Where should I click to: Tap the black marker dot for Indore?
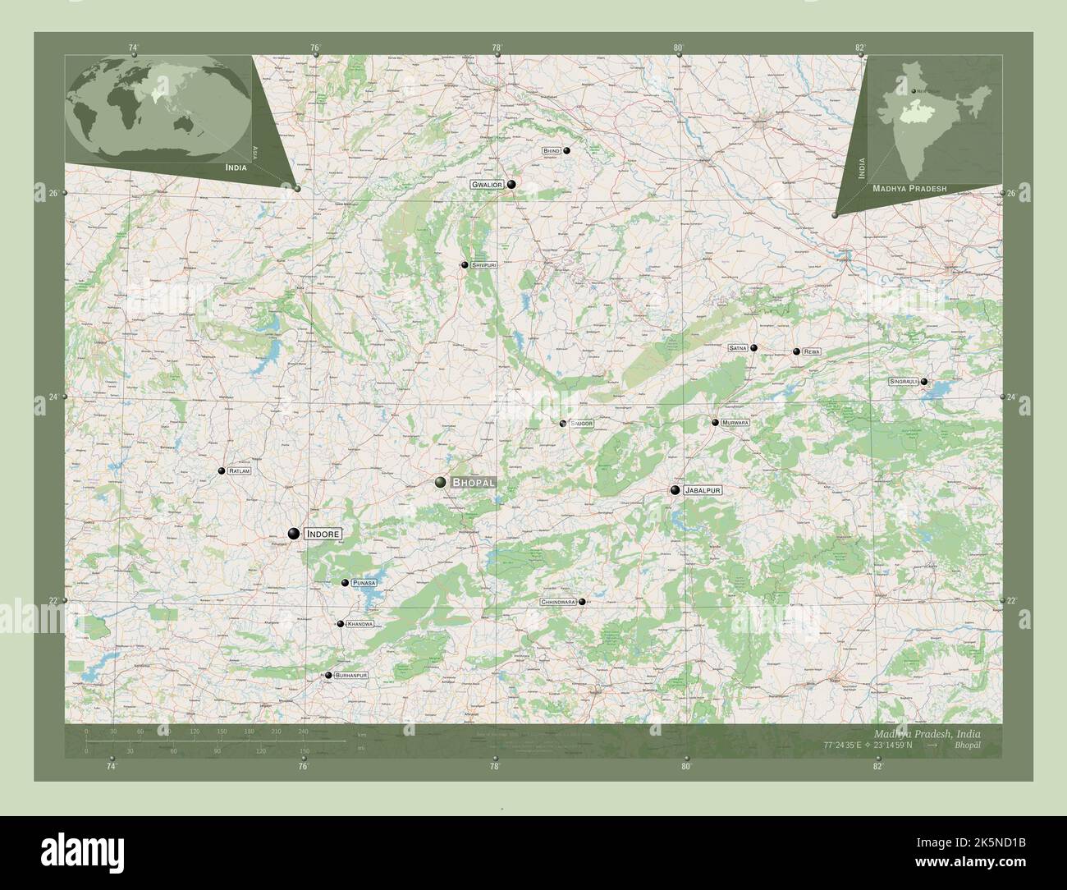point(293,534)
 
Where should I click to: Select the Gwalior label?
point(486,186)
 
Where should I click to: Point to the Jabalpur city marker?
point(675,490)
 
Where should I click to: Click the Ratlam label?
point(240,471)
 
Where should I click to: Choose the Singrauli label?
point(904,382)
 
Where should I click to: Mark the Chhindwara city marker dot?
point(582,602)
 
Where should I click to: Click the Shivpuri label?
point(484,265)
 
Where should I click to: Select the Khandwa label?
point(359,624)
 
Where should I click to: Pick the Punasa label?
point(364,583)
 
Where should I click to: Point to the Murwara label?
point(735,423)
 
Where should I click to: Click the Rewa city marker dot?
point(796,351)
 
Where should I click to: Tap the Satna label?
point(737,348)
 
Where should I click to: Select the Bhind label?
point(551,151)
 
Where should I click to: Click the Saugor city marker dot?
point(562,424)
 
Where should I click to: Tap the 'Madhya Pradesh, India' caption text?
point(926,733)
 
